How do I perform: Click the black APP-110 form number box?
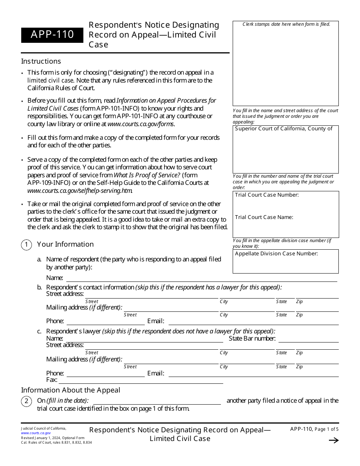coord(52,35)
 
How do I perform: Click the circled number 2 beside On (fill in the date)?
coord(26,401)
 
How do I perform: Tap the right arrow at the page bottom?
coord(333,440)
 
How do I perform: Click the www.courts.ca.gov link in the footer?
coord(36,433)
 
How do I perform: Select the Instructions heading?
coord(41,61)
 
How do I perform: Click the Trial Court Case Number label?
coord(267,195)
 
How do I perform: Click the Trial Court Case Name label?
coord(264,217)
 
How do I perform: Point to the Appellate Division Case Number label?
coord(276,254)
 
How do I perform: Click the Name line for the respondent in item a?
coord(201,279)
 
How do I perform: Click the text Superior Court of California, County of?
coord(283,129)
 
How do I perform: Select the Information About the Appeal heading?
coord(70,390)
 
